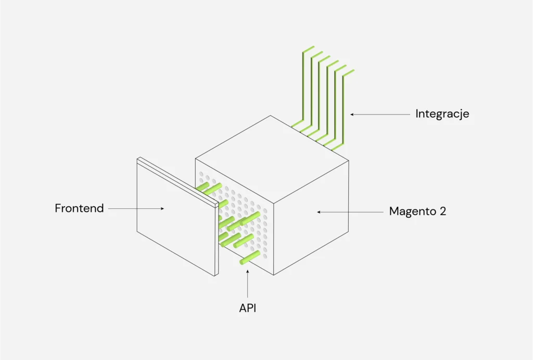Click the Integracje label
tap(442, 114)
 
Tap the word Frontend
tap(79, 208)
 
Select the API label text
tap(248, 308)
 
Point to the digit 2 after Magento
tap(442, 212)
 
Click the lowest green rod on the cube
tap(249, 258)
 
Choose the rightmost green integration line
tap(343, 109)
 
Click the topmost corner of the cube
tap(271, 116)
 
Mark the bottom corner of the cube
tap(273, 275)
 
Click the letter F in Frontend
tap(58, 208)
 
